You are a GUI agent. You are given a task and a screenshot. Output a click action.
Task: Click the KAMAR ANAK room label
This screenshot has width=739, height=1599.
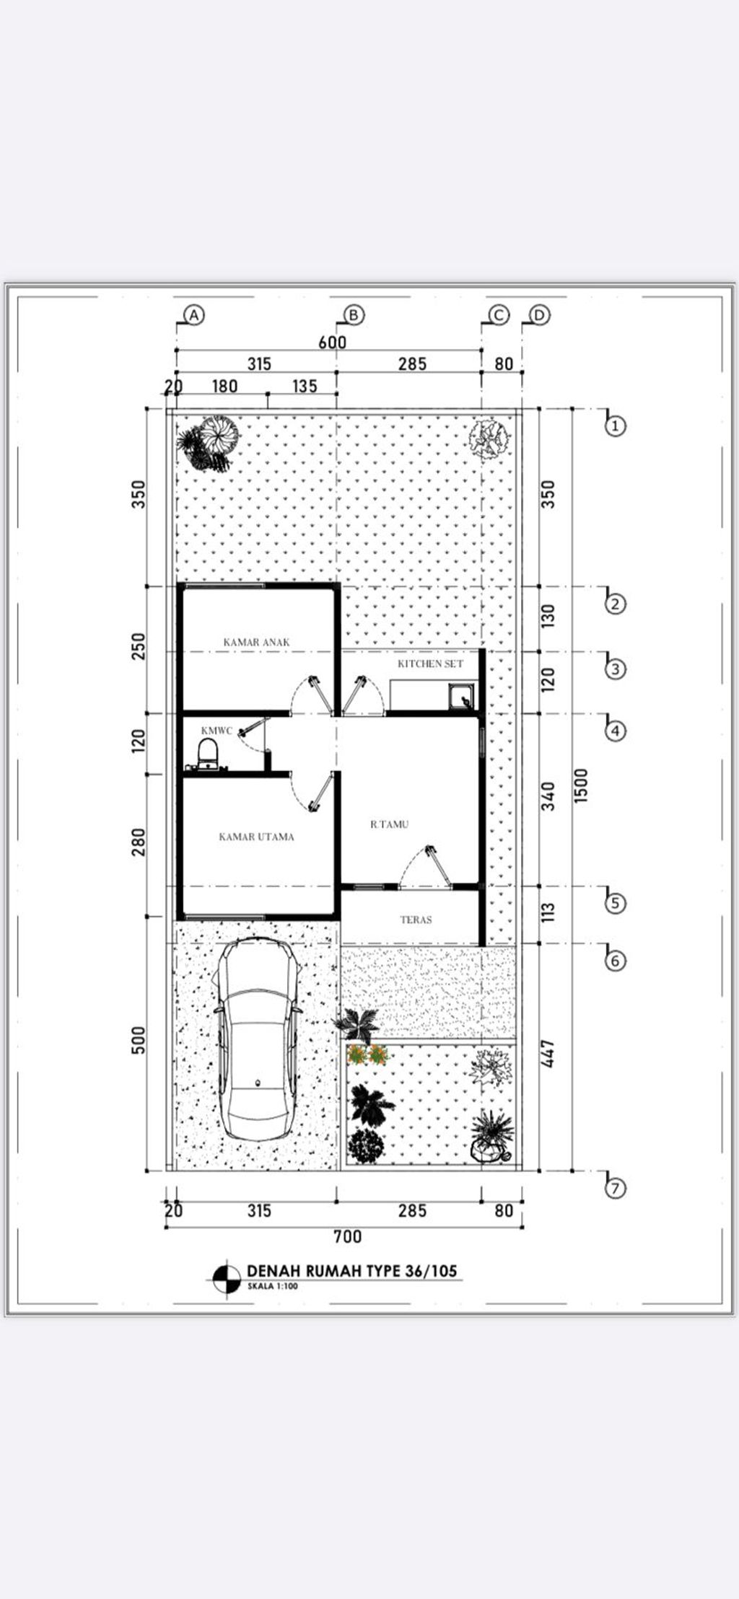tap(256, 641)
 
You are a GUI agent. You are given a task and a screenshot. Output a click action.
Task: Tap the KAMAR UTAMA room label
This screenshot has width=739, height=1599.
tap(256, 837)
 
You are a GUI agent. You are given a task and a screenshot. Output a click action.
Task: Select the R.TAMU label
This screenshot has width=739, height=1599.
tap(389, 824)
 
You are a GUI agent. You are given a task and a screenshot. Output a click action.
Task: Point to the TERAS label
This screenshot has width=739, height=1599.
tap(416, 920)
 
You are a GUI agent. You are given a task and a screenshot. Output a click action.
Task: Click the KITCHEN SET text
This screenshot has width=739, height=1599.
tap(430, 663)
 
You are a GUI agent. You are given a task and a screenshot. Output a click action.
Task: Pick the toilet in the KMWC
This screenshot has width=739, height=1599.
tap(207, 754)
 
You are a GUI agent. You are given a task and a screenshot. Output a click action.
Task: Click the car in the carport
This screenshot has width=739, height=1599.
tap(258, 1038)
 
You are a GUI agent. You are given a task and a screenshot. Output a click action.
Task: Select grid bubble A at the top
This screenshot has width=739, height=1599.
tap(195, 314)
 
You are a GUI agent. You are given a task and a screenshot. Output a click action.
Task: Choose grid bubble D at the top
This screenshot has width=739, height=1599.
tap(539, 315)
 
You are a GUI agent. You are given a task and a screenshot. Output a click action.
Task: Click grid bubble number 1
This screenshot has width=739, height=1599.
tap(614, 426)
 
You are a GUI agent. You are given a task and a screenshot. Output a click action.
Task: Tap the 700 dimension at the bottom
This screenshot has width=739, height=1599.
tap(347, 1236)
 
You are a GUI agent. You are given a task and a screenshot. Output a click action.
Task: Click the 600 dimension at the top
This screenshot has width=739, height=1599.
tap(333, 342)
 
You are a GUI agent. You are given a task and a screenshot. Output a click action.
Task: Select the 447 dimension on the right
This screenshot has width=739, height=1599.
tap(548, 1054)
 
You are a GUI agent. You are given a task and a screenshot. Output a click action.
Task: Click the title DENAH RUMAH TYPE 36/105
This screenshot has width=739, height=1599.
tap(352, 1270)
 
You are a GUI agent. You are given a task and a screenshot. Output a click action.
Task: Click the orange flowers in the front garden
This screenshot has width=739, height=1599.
tap(368, 1055)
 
